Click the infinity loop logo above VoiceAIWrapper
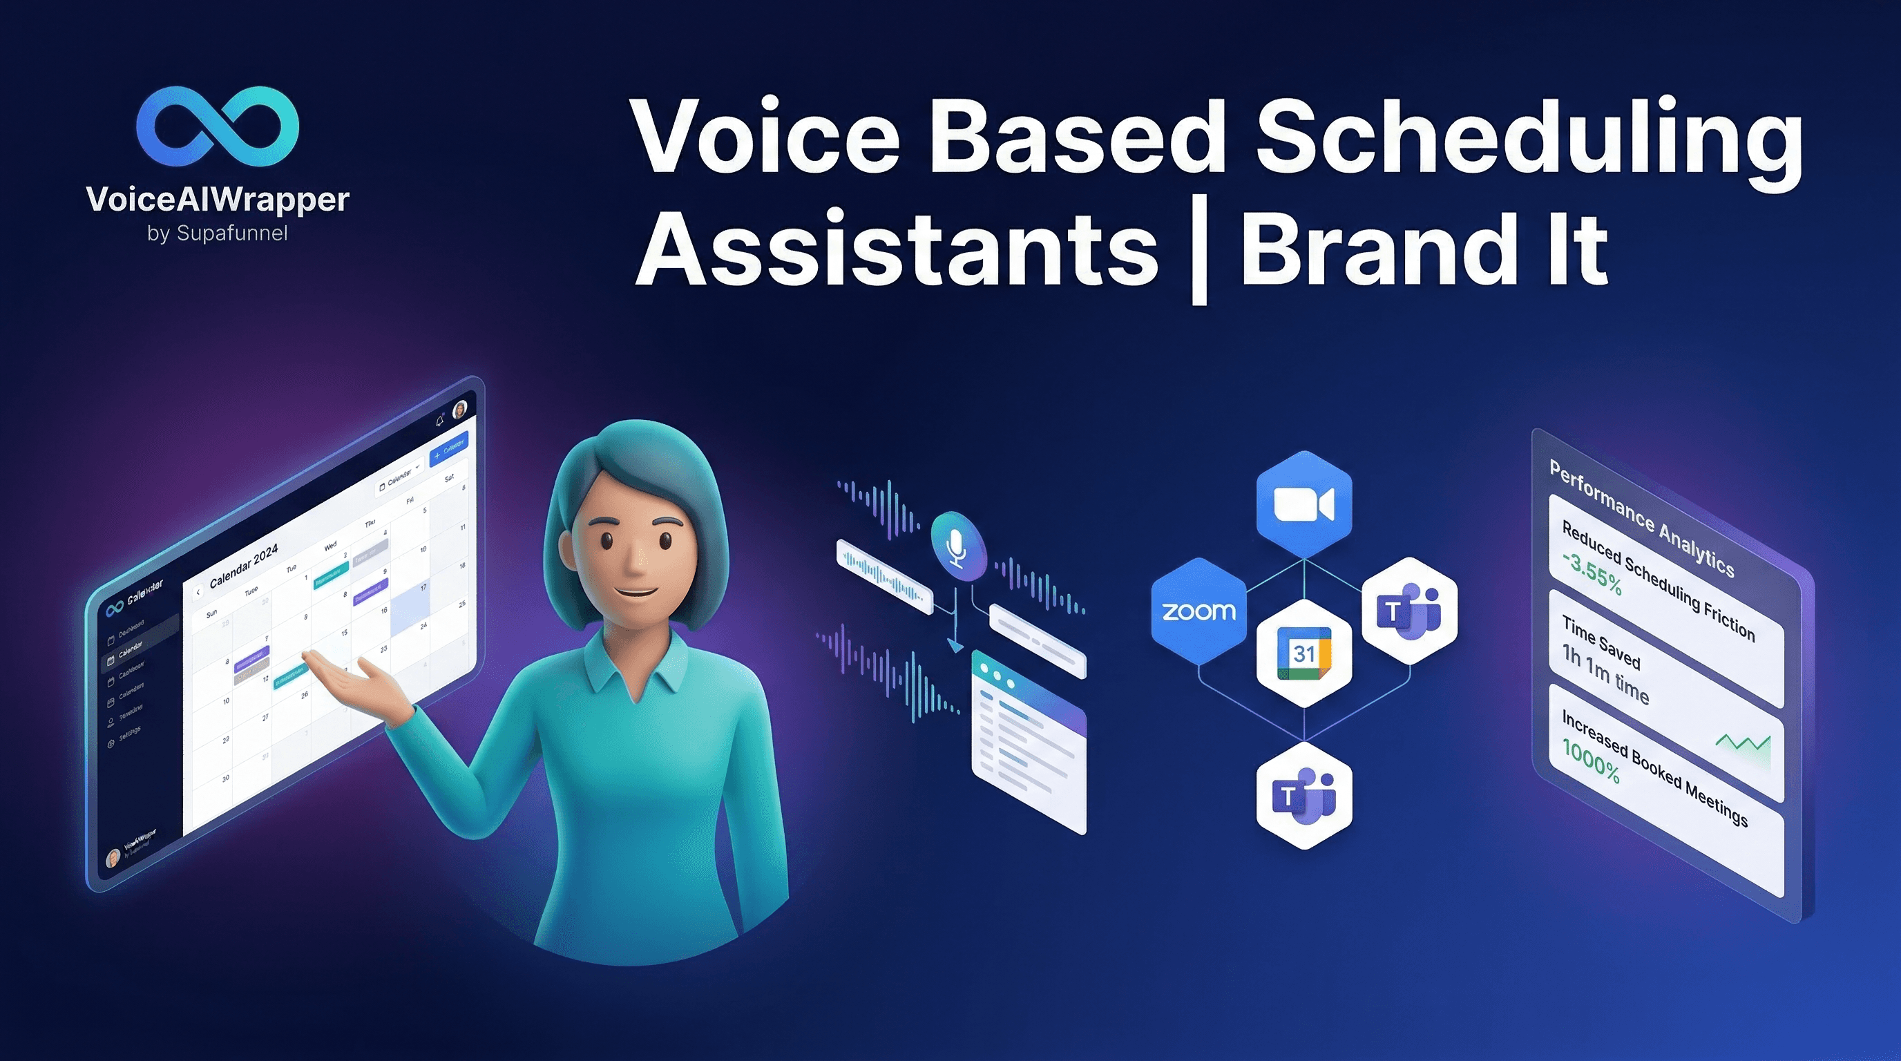tap(218, 126)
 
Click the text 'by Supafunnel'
tap(218, 233)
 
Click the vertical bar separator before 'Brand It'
tap(1198, 255)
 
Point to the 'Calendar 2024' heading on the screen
tap(244, 566)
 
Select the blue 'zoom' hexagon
tap(1198, 611)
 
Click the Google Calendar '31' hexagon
tap(1304, 653)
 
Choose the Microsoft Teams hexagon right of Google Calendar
tap(1408, 611)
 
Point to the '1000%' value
tap(1590, 760)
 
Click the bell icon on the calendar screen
tap(440, 421)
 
